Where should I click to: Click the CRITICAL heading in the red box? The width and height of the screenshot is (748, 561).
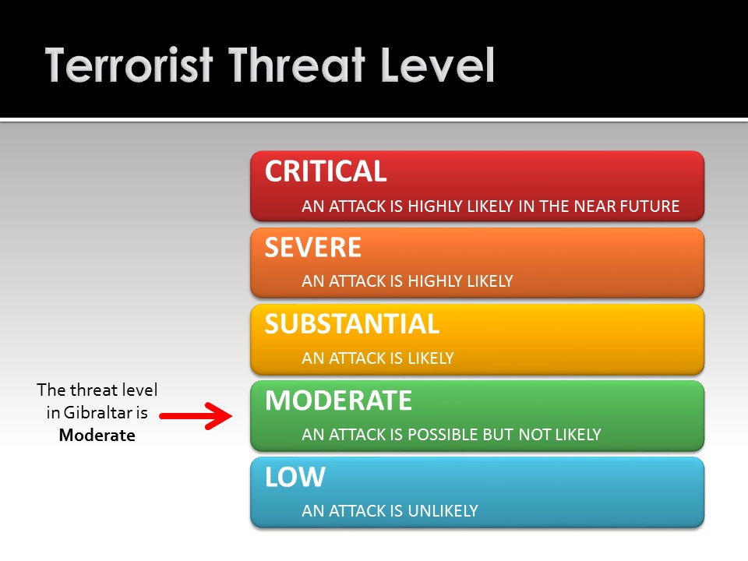326,171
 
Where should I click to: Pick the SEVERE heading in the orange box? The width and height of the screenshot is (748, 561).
313,248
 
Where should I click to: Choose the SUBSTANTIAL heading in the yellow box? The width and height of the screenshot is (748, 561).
352,324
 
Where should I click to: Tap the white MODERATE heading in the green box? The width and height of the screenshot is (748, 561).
338,400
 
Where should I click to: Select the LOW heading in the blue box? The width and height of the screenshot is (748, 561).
295,477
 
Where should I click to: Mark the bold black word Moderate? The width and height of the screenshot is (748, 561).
97,436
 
